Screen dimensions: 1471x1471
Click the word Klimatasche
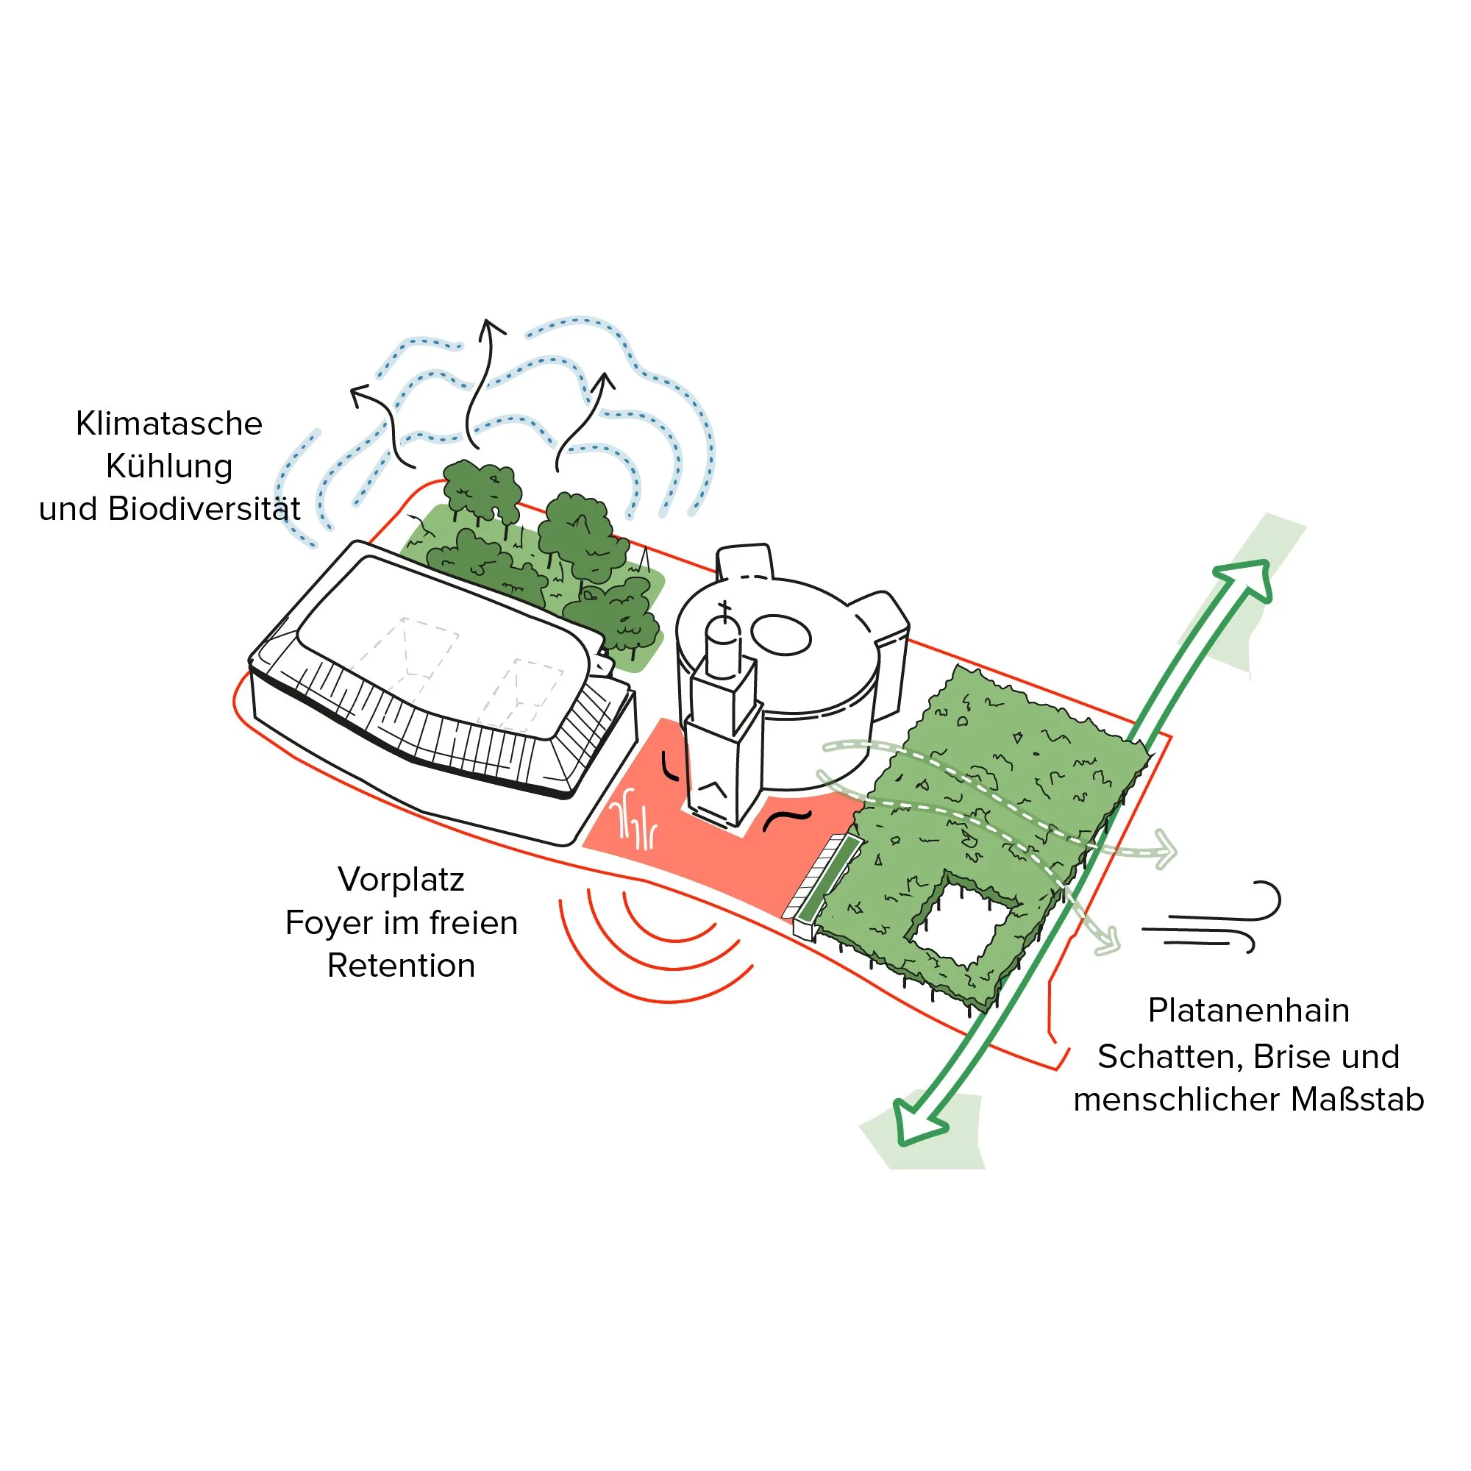pos(168,424)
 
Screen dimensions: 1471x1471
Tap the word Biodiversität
pos(204,510)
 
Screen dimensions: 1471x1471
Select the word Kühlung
pos(169,467)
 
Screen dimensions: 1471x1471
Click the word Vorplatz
pos(401,880)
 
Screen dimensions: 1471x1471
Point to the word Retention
pos(401,966)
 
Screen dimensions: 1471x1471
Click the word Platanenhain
pos(1248,1011)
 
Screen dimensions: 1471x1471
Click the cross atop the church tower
pos(724,608)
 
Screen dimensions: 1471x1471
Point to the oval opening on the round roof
pos(780,635)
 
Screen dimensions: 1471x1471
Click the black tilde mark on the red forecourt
pos(786,821)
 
